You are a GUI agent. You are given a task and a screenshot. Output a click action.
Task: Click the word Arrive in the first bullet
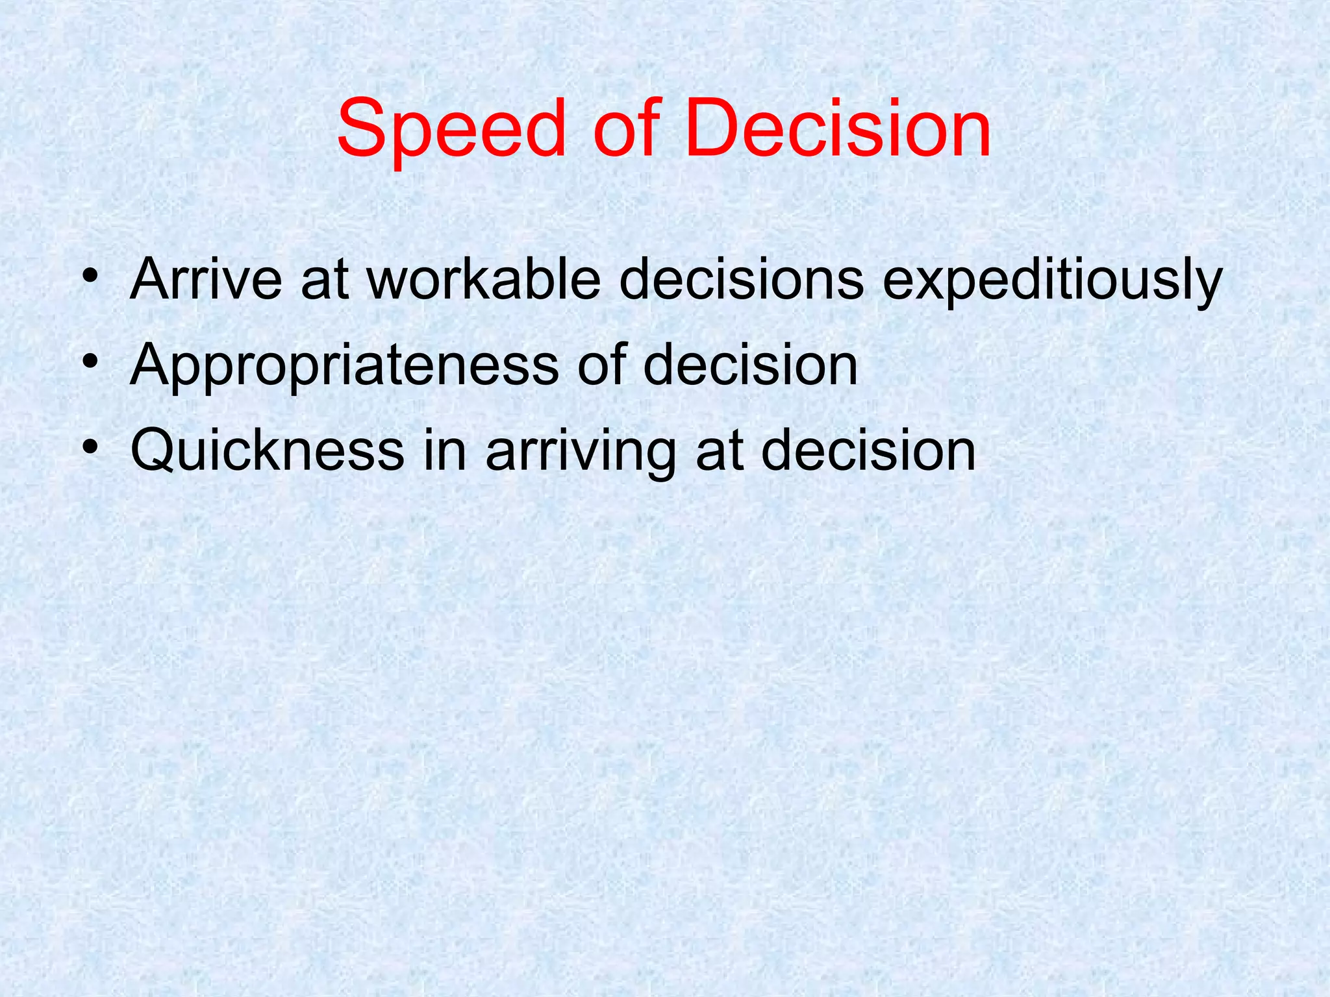coord(206,280)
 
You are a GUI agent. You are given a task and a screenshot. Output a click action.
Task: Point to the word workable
coord(484,280)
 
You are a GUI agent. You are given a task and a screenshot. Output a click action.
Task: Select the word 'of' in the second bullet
coord(601,365)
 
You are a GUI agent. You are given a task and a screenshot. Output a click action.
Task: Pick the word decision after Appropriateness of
coord(751,365)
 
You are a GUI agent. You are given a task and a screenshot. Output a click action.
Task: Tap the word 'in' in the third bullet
coord(445,451)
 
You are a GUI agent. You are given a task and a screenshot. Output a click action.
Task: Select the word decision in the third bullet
coord(868,451)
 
